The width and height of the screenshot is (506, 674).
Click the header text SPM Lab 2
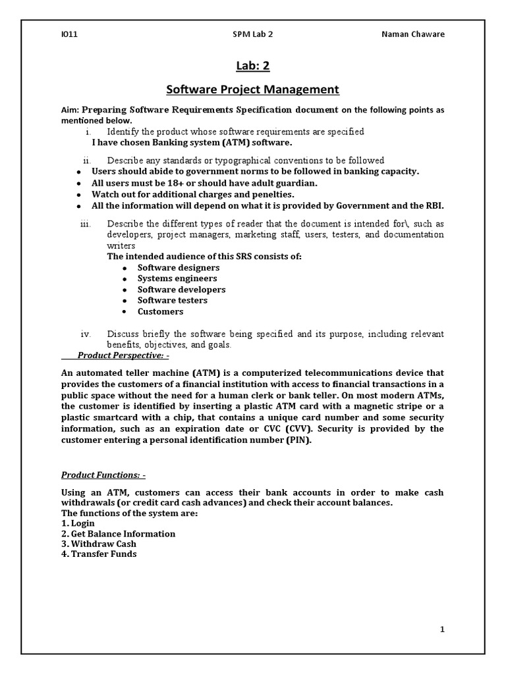[253, 34]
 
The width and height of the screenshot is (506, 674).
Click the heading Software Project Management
[252, 89]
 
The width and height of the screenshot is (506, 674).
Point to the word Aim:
[70, 110]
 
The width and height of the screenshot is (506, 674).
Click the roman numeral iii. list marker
[85, 224]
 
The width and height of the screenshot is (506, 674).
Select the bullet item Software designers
[179, 268]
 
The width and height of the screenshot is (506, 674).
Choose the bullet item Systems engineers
[177, 278]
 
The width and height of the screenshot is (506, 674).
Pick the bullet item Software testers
[173, 300]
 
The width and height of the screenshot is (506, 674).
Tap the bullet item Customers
[161, 311]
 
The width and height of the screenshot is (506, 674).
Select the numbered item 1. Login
[78, 523]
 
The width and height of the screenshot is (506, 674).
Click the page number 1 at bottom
[442, 629]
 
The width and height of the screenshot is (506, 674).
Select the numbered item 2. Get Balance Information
[119, 534]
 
